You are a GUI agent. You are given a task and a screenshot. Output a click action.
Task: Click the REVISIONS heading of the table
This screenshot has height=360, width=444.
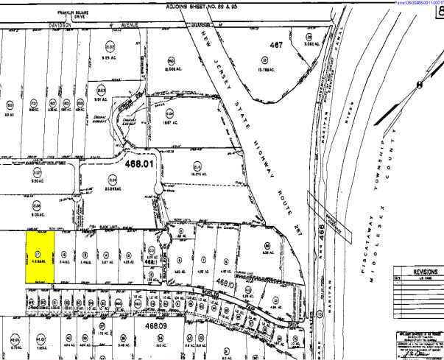(x=417, y=269)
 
